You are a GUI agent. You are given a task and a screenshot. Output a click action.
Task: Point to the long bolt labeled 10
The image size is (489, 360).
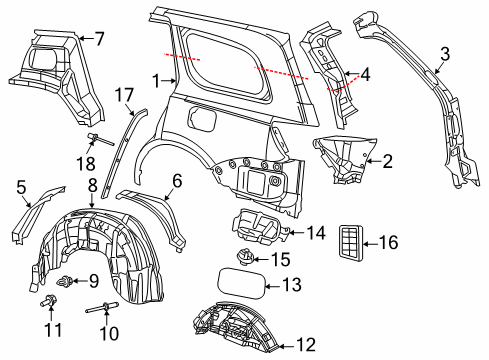pyautogui.click(x=106, y=307)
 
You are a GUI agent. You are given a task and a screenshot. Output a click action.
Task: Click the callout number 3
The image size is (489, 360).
pyautogui.click(x=446, y=55)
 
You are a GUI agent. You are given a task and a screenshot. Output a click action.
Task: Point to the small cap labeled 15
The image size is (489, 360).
pyautogui.click(x=244, y=258)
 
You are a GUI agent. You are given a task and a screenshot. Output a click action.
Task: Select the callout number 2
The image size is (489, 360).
pyautogui.click(x=386, y=159)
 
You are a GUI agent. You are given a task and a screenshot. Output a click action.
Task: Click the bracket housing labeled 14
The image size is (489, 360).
pyautogui.click(x=258, y=228)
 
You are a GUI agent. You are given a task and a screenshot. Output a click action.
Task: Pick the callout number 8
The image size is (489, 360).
pyautogui.click(x=91, y=185)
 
